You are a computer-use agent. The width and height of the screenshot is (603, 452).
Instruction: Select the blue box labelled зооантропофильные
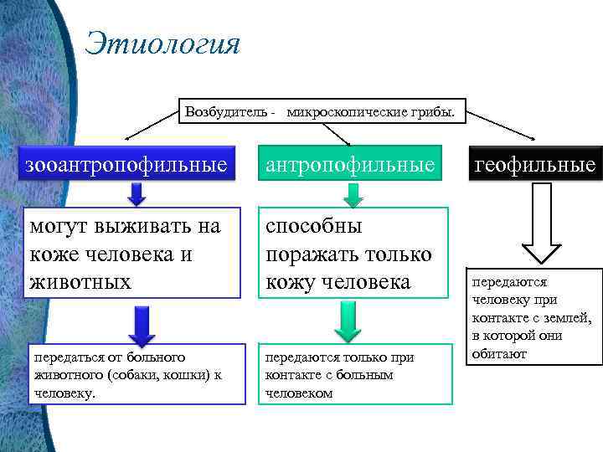pyautogui.click(x=126, y=164)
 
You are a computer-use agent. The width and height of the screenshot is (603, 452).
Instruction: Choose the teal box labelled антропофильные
pyautogui.click(x=351, y=164)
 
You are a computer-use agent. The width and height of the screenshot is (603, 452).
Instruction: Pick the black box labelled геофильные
pyautogui.click(x=535, y=164)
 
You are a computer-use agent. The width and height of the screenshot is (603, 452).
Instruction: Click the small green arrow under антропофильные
pyautogui.click(x=353, y=194)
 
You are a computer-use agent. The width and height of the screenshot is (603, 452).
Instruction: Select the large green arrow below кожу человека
pyautogui.click(x=347, y=321)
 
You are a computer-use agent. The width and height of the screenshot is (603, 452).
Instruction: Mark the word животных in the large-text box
pyautogui.click(x=80, y=281)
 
